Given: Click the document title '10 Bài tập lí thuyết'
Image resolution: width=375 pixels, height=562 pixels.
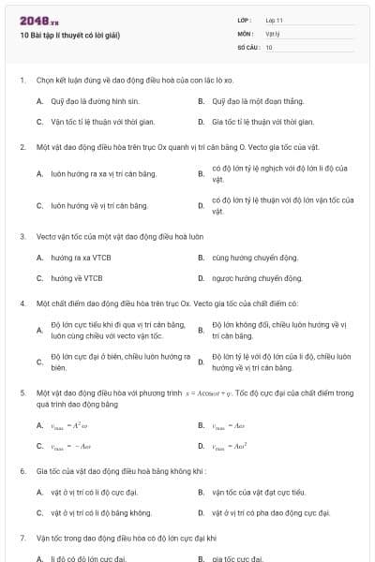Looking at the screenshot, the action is tap(70, 36).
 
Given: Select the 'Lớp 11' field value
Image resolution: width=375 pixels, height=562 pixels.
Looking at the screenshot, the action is tap(275, 20).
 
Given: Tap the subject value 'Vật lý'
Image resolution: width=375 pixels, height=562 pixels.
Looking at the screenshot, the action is tap(273, 33).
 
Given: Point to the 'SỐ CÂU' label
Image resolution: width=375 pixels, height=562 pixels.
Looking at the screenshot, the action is tap(247, 46).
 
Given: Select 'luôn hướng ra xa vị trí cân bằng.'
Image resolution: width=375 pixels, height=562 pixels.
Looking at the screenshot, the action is tap(103, 173).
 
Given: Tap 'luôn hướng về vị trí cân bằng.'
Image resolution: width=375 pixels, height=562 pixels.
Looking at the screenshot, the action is tap(99, 205).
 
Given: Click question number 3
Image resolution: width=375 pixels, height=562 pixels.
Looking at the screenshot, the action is tap(22, 236).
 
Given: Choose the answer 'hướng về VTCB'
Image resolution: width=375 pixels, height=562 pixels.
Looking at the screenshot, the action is tap(76, 278).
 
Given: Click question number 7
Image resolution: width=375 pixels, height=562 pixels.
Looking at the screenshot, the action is tap(22, 539).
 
